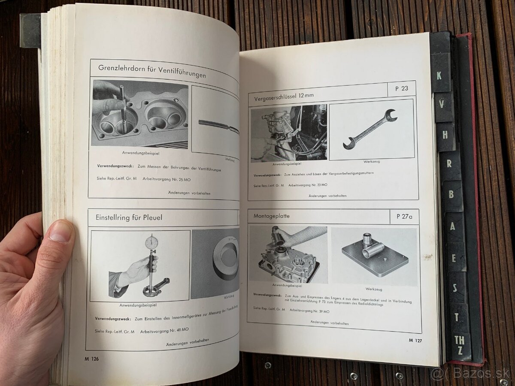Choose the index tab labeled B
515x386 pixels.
tap(451, 194)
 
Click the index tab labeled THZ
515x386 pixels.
tap(460, 345)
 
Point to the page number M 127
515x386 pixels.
tap(417, 340)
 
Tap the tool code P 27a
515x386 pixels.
tap(404, 216)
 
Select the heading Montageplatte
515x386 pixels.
tap(271, 216)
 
